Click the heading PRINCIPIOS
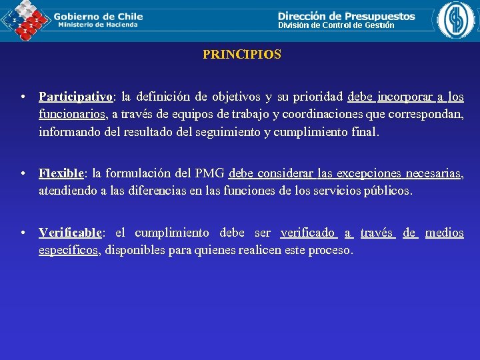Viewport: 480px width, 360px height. coord(242,55)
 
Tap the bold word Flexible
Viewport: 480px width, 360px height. coord(61,174)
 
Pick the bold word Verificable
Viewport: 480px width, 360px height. coord(70,233)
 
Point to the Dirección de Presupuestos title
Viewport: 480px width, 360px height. coord(346,16)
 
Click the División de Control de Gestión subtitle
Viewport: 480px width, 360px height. coord(336,25)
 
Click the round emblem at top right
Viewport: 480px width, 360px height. coord(456,20)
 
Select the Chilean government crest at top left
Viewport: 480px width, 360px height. coord(25,20)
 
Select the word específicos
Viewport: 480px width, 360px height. coord(68,250)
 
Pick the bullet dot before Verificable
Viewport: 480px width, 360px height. coord(23,233)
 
